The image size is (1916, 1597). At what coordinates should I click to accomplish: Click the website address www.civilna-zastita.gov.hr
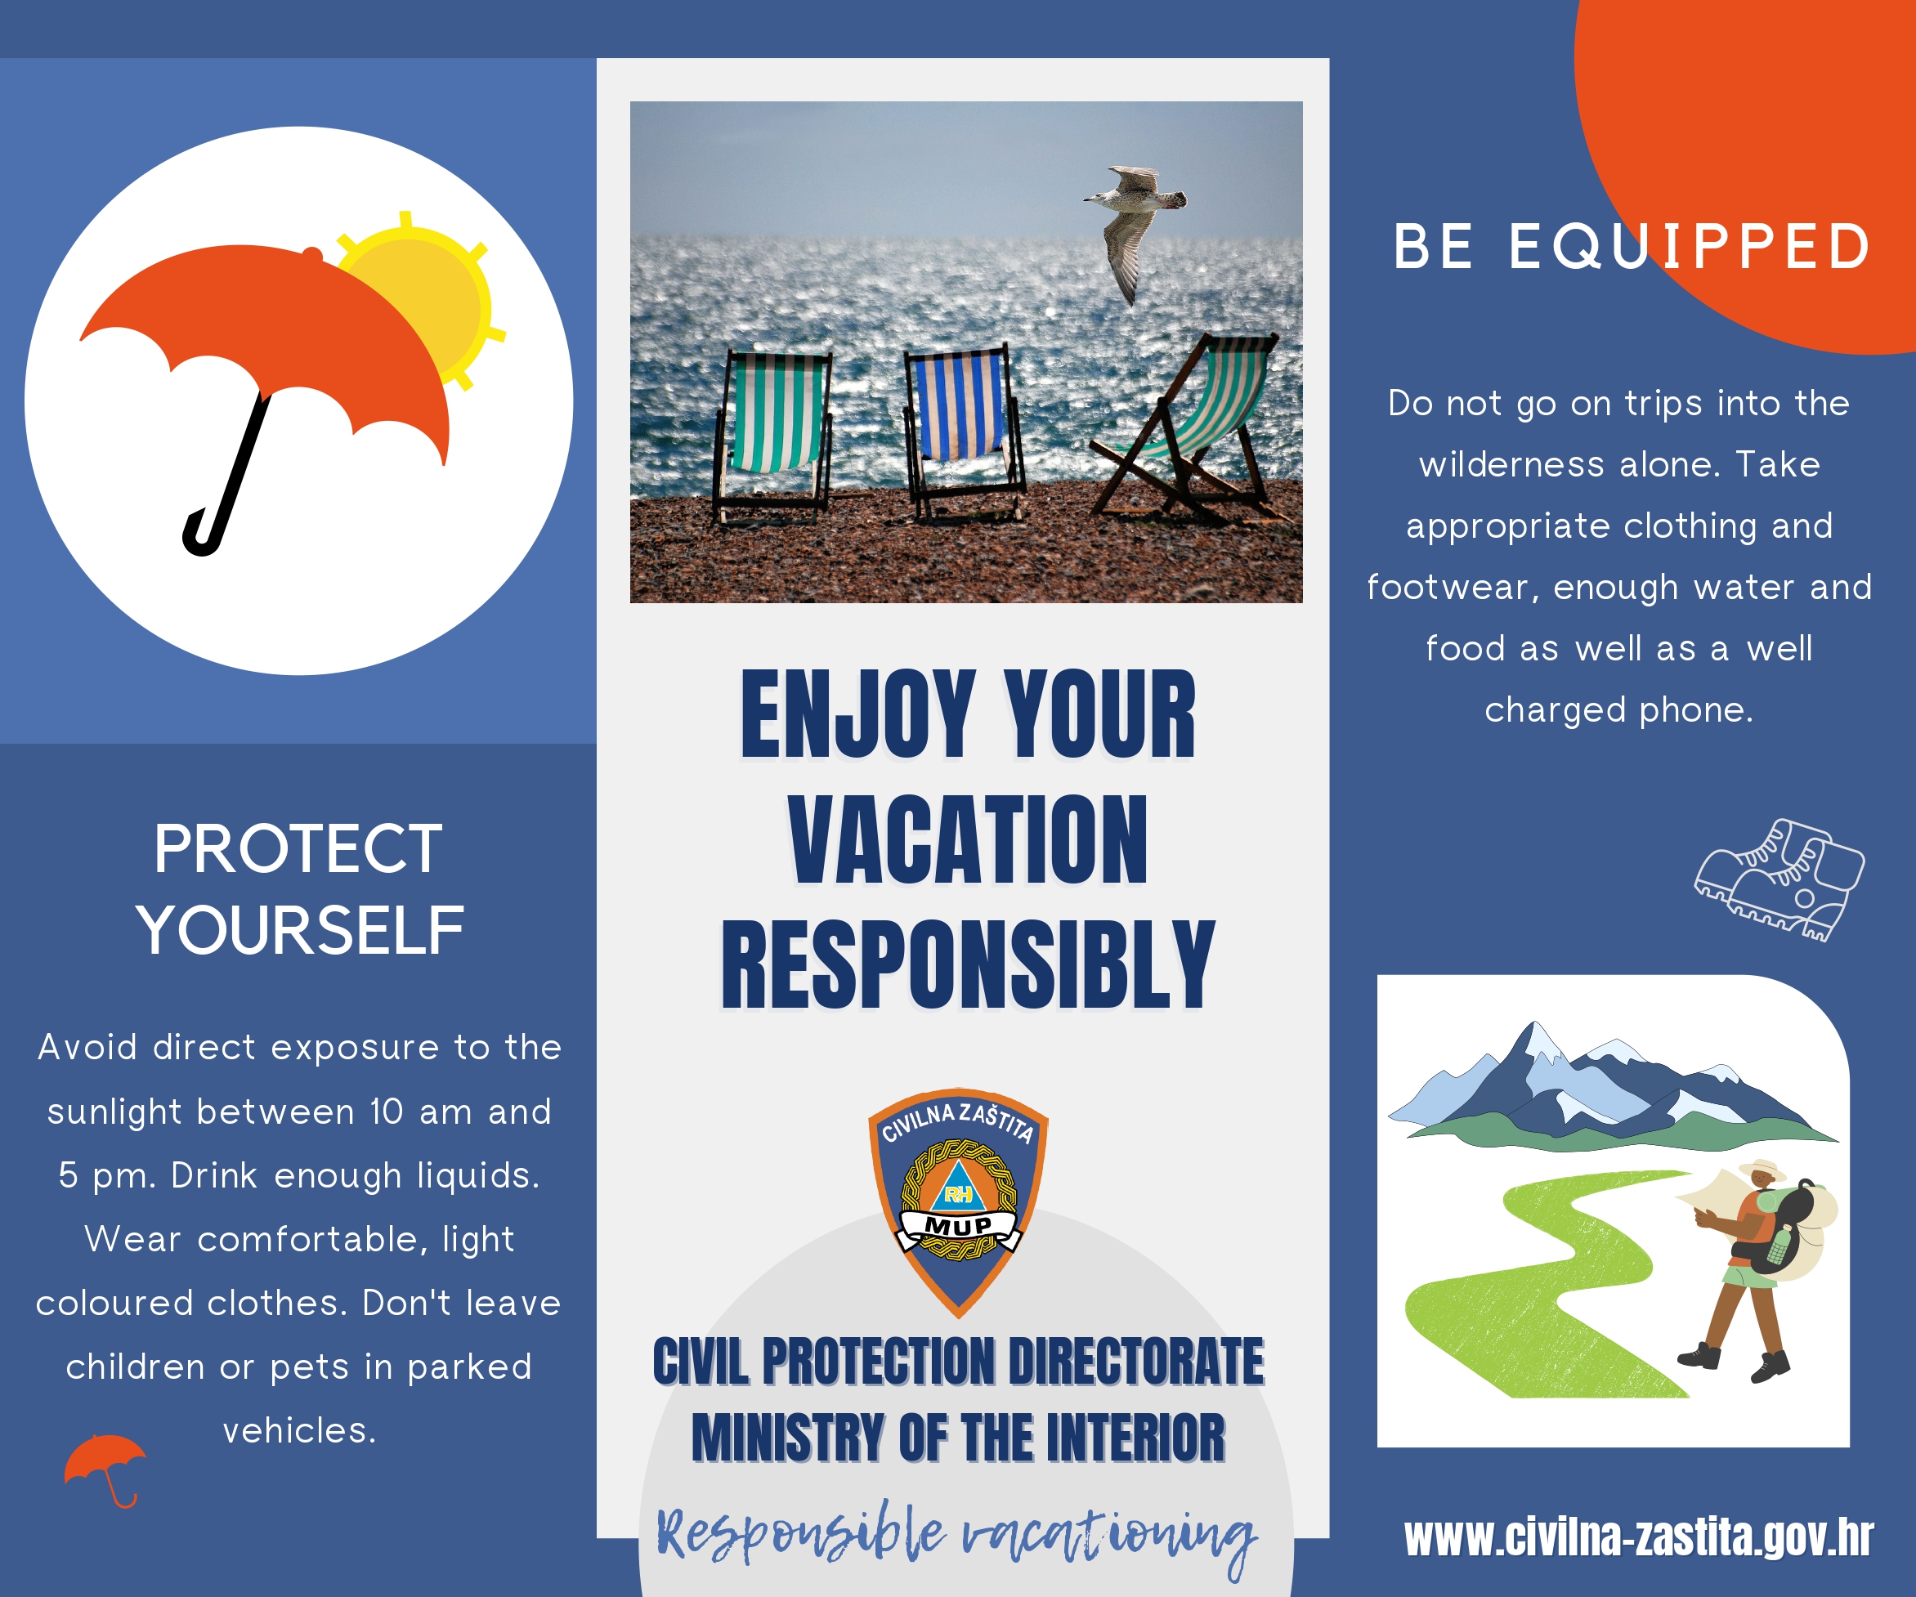coord(1639,1537)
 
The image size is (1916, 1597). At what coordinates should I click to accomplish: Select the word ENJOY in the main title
coord(857,715)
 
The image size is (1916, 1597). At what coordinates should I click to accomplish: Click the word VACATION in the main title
coord(968,840)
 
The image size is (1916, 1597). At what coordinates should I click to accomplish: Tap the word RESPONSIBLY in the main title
coord(967,965)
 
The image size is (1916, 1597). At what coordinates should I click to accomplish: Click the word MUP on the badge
coord(958,1225)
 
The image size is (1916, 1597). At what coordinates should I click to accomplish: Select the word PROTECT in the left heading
coord(298,849)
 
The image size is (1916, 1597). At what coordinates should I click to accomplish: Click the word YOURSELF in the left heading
coord(299,930)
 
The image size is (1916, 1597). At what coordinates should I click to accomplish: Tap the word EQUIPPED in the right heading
coord(1689,246)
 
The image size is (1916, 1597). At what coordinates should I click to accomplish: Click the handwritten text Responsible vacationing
coord(957,1536)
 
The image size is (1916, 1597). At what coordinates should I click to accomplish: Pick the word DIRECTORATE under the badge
coord(1136,1362)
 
